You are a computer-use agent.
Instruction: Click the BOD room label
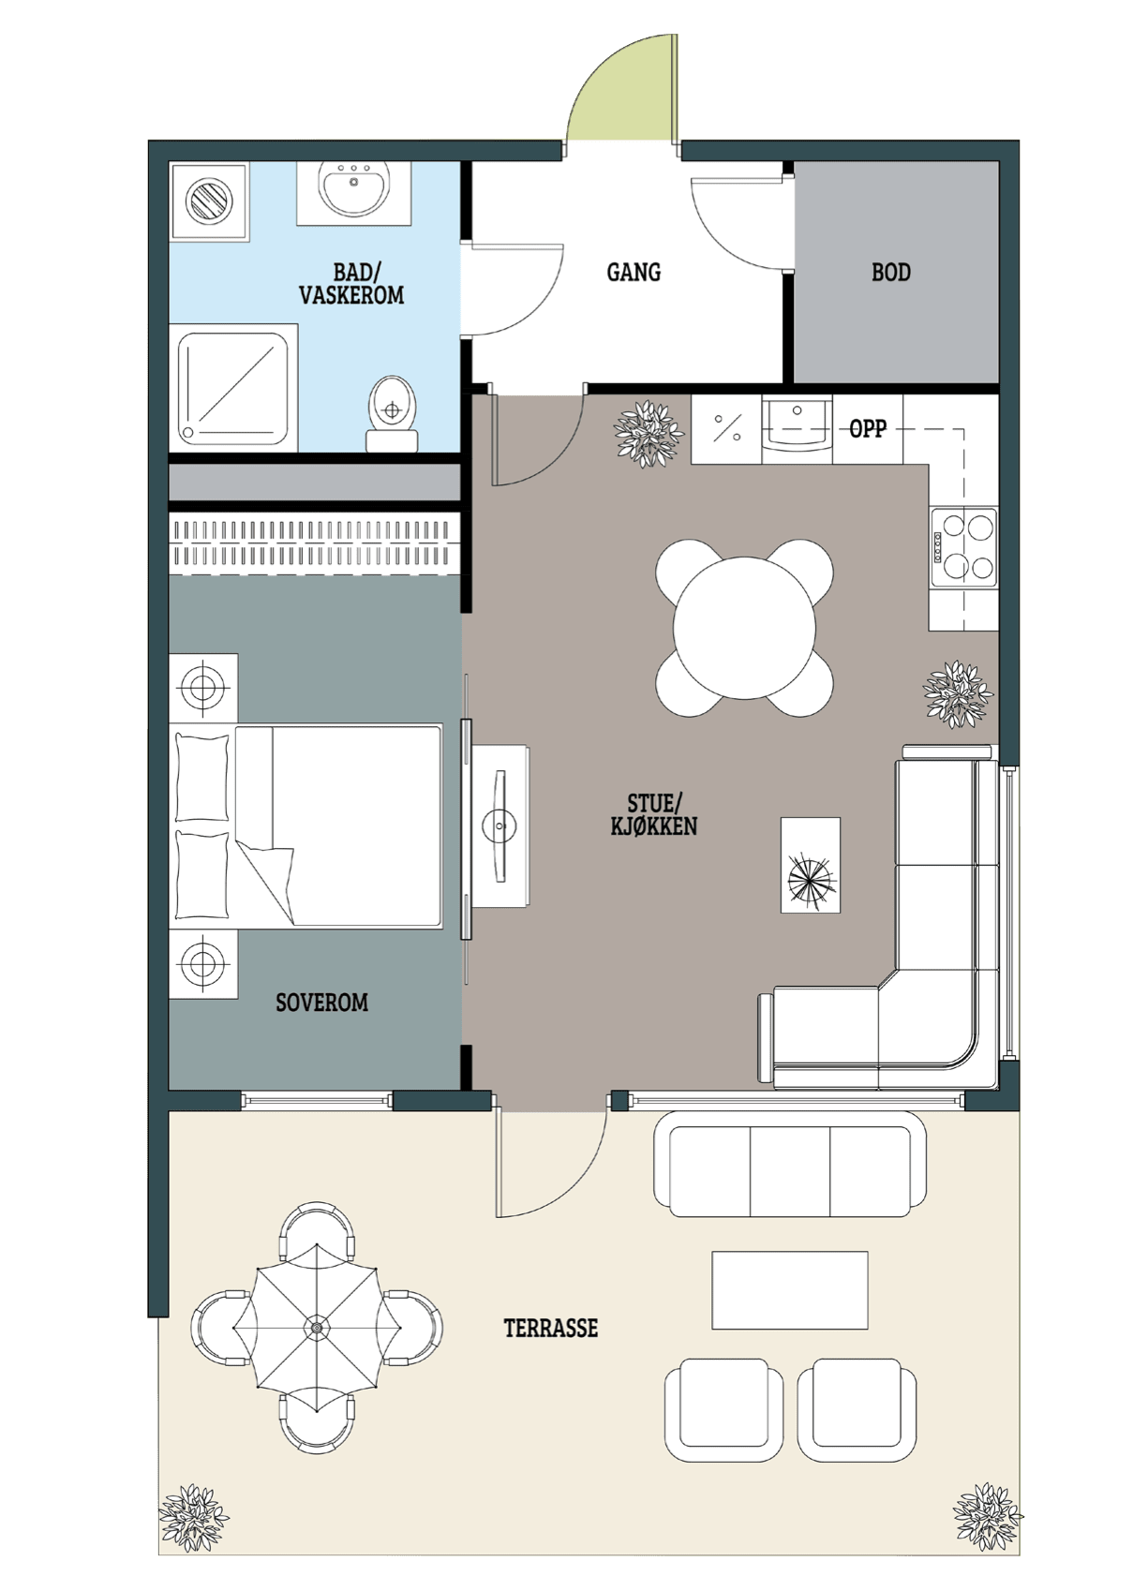click(x=891, y=272)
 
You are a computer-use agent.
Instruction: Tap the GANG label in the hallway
click(x=634, y=272)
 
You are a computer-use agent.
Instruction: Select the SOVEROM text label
click(x=321, y=1003)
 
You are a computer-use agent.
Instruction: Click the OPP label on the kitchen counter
click(x=868, y=429)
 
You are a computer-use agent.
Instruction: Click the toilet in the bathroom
click(x=392, y=413)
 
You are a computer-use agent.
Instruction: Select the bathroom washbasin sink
click(x=353, y=186)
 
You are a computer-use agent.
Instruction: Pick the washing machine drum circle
click(x=209, y=200)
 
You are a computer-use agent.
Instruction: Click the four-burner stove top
click(x=963, y=547)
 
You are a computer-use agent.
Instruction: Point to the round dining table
click(x=744, y=627)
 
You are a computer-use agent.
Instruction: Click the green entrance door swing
click(x=622, y=89)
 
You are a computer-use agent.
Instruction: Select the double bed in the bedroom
click(x=306, y=826)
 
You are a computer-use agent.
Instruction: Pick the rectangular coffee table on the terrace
click(x=790, y=1290)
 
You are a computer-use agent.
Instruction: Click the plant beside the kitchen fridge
click(x=648, y=434)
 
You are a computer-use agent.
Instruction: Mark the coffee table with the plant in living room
click(x=811, y=865)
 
